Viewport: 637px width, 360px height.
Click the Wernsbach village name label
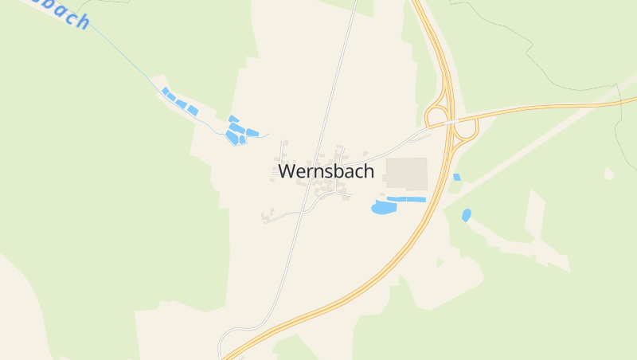coord(326,171)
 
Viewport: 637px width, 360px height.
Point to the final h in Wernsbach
coord(369,171)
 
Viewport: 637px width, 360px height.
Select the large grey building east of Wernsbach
coord(406,172)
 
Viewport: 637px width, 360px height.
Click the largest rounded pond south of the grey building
coord(384,208)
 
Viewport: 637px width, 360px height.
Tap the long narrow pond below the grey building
coord(407,199)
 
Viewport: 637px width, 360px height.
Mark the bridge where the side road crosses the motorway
coord(451,122)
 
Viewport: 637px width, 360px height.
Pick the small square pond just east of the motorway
coord(456,177)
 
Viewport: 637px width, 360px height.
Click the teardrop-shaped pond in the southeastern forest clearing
coord(466,214)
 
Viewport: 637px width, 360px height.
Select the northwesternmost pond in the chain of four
coord(165,92)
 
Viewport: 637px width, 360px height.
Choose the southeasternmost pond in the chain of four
coord(193,110)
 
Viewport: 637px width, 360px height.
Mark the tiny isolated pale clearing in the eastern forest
coord(609,173)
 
